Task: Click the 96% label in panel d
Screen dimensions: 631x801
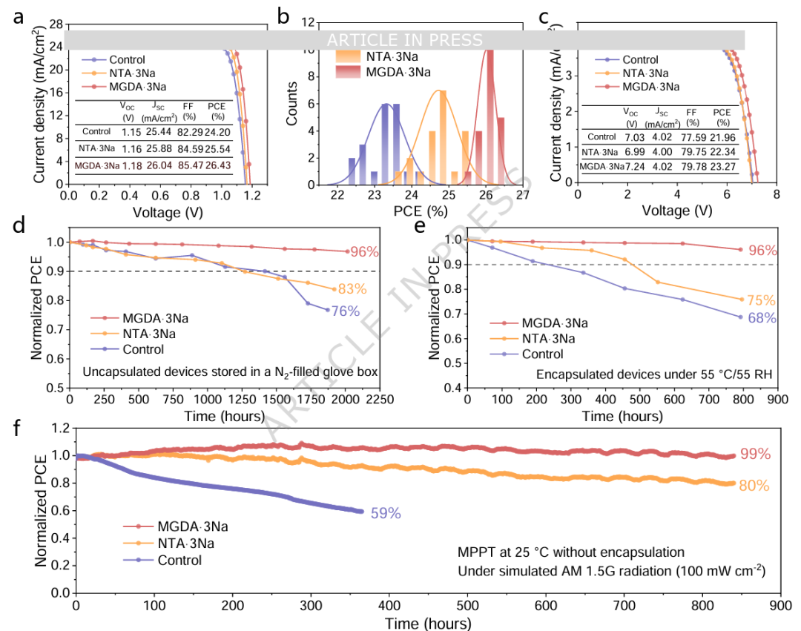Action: pos(364,251)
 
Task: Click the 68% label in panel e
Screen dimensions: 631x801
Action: pos(761,318)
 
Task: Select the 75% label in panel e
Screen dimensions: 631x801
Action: pos(761,300)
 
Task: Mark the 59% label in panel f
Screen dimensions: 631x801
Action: pos(386,513)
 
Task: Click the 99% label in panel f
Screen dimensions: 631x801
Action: pos(754,455)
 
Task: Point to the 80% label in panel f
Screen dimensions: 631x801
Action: pos(754,486)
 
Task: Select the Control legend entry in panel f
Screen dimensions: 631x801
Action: pos(179,560)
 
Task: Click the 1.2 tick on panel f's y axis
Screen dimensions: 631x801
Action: pos(60,429)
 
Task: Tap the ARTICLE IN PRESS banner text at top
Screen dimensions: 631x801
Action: pos(404,40)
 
